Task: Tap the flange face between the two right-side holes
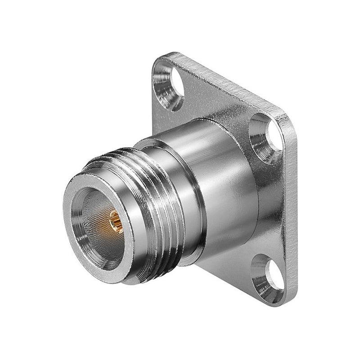coord(274,207)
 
